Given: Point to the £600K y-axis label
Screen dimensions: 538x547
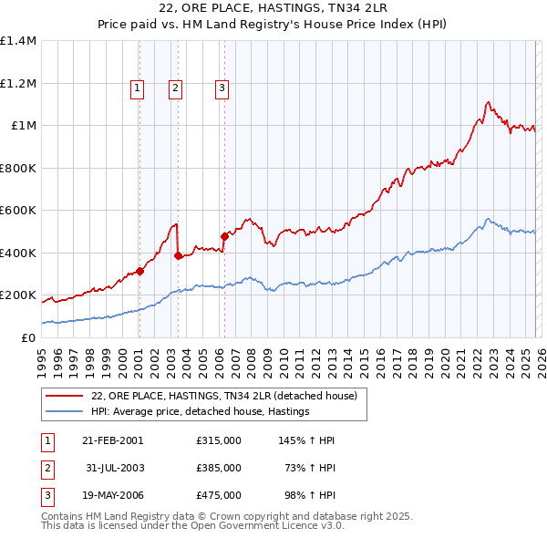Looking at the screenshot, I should click(x=18, y=211).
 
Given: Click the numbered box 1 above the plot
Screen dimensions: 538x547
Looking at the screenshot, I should click(x=137, y=88).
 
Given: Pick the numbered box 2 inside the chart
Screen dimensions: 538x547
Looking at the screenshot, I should click(x=174, y=88).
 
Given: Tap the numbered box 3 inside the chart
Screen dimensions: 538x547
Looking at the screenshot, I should click(x=222, y=88).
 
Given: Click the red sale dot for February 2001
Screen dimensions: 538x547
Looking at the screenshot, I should click(x=139, y=271).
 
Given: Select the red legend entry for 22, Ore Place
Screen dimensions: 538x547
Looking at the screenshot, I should click(x=228, y=396).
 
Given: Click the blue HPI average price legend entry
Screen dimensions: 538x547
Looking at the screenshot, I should click(x=201, y=412).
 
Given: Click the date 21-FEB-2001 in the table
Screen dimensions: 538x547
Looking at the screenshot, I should click(x=112, y=440).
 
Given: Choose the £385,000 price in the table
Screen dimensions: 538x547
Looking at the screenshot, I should click(x=219, y=468).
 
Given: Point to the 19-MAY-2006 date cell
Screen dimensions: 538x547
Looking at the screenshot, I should click(x=112, y=495).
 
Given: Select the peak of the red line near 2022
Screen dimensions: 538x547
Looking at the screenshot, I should click(x=489, y=101).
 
